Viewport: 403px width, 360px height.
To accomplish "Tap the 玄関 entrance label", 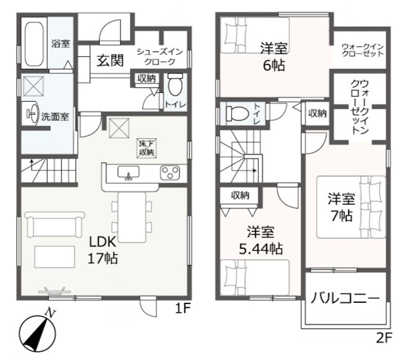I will [x=110, y=60].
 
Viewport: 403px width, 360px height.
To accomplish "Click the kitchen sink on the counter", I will [x=130, y=173].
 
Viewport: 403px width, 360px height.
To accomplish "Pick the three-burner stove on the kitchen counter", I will [x=170, y=173].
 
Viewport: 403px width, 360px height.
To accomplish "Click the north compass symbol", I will [x=36, y=333].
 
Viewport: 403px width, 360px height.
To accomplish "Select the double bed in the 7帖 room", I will [x=351, y=207].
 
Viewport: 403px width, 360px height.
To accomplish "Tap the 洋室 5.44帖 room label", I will [x=260, y=241].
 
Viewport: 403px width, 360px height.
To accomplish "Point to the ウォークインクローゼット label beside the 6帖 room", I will [x=362, y=50].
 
